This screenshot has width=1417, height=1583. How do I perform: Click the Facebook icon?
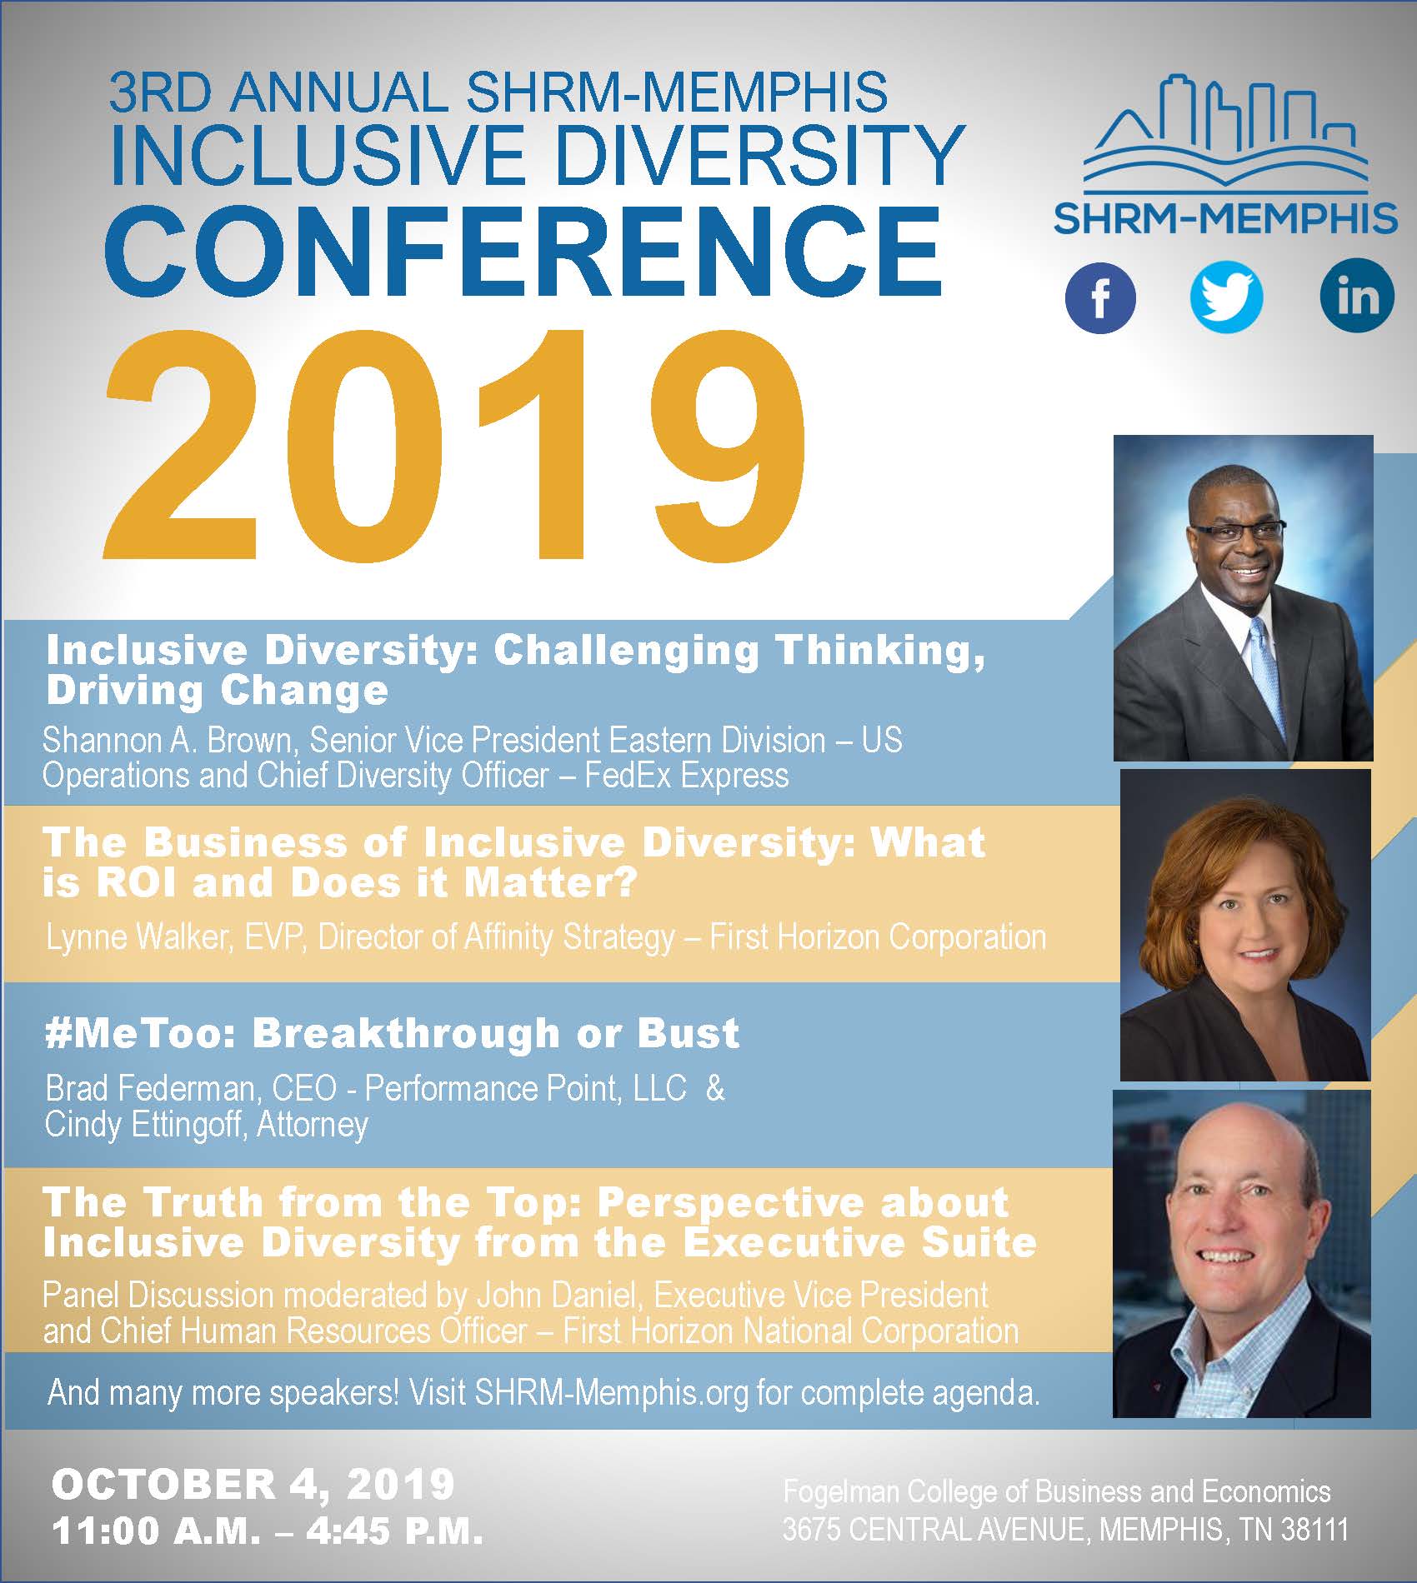tap(1100, 297)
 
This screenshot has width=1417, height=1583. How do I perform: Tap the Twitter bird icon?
tap(1226, 297)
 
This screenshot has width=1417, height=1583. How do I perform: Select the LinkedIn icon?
tap(1357, 296)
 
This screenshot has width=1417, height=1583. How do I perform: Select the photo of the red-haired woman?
tap(1244, 925)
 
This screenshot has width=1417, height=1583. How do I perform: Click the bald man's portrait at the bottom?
tap(1242, 1254)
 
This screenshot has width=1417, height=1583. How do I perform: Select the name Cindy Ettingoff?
tap(145, 1125)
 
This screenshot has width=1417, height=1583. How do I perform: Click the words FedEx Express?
tap(686, 776)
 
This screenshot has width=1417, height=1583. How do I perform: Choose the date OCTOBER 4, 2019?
tap(253, 1484)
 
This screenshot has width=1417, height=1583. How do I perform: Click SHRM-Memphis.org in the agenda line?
tap(612, 1393)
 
